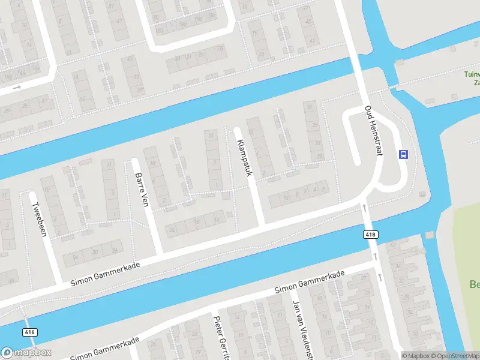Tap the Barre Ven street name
click(142, 190)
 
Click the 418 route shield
click(370, 234)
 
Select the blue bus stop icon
click(403, 155)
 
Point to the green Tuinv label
click(472, 74)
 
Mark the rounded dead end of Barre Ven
click(135, 161)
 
